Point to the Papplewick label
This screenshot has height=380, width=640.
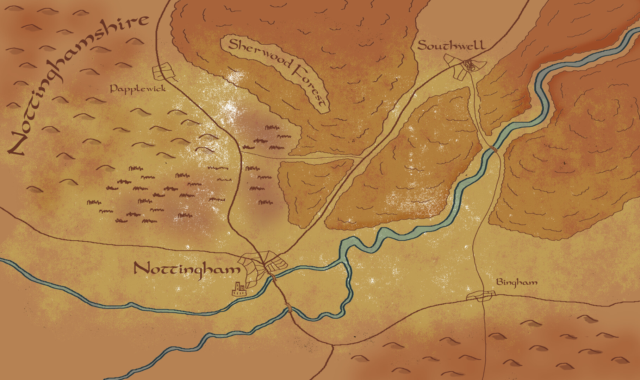tap(138, 89)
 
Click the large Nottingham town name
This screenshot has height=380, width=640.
tap(187, 270)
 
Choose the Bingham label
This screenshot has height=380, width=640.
tap(517, 282)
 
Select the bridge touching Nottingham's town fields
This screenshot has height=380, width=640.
tap(272, 278)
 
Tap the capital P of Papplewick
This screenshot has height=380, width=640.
tap(113, 89)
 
